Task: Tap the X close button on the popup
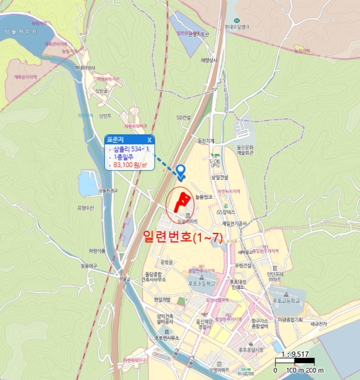coord(149,140)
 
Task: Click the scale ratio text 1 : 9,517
coord(295,352)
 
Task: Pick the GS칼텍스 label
coord(225,212)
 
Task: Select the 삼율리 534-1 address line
coord(130,149)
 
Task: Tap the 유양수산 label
coord(86,207)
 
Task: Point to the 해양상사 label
coord(209,60)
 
